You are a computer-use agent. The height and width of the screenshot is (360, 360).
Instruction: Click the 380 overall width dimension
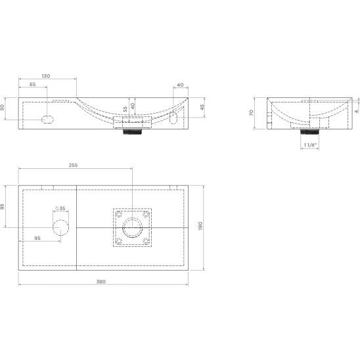click(101, 281)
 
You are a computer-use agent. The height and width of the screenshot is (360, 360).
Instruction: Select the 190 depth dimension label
click(200, 226)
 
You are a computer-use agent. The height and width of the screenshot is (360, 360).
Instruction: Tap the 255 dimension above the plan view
click(73, 165)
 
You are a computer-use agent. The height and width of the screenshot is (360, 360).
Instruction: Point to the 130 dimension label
click(46, 76)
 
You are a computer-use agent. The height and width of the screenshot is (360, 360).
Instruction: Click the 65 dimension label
click(33, 84)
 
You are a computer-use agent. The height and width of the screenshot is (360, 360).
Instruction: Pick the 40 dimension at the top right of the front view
click(181, 85)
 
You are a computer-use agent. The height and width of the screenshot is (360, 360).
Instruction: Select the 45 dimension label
click(202, 107)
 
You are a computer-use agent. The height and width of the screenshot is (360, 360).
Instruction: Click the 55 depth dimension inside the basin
click(125, 109)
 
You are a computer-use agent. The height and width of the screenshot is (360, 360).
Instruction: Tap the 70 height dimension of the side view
click(252, 113)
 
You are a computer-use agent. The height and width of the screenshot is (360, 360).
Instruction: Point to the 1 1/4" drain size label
click(310, 145)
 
